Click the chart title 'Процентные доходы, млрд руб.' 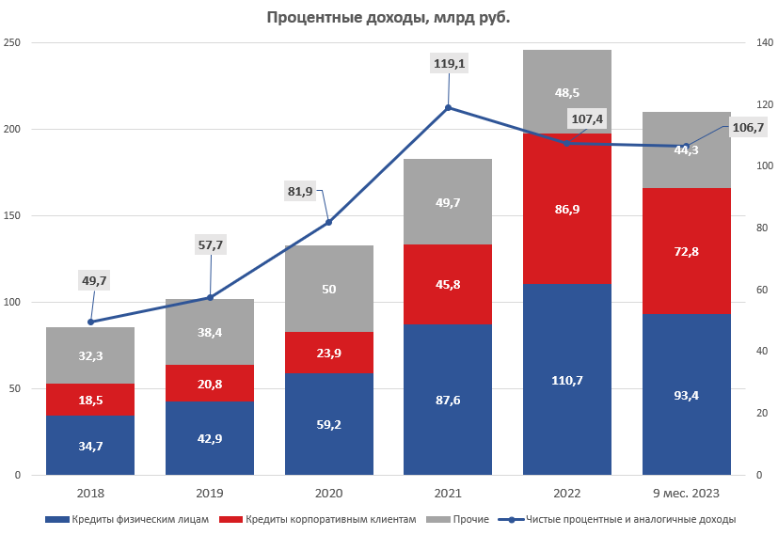point(389,17)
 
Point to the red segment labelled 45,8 point(448,284)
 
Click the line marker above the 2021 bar point(448,107)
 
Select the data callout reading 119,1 point(449,64)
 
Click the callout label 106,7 point(748,128)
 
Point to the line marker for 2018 point(90,322)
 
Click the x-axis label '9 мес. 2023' point(686,494)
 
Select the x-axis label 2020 point(329,494)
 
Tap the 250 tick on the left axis point(12,43)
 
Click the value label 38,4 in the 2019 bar point(210,332)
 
